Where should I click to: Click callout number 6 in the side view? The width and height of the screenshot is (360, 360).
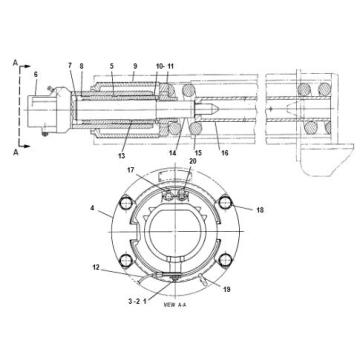[x=35, y=73]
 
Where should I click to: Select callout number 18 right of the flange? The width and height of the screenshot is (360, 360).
[x=260, y=211]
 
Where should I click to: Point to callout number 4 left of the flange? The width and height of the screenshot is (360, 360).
[x=93, y=208]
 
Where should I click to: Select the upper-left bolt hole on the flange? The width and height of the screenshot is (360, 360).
[x=126, y=209]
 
